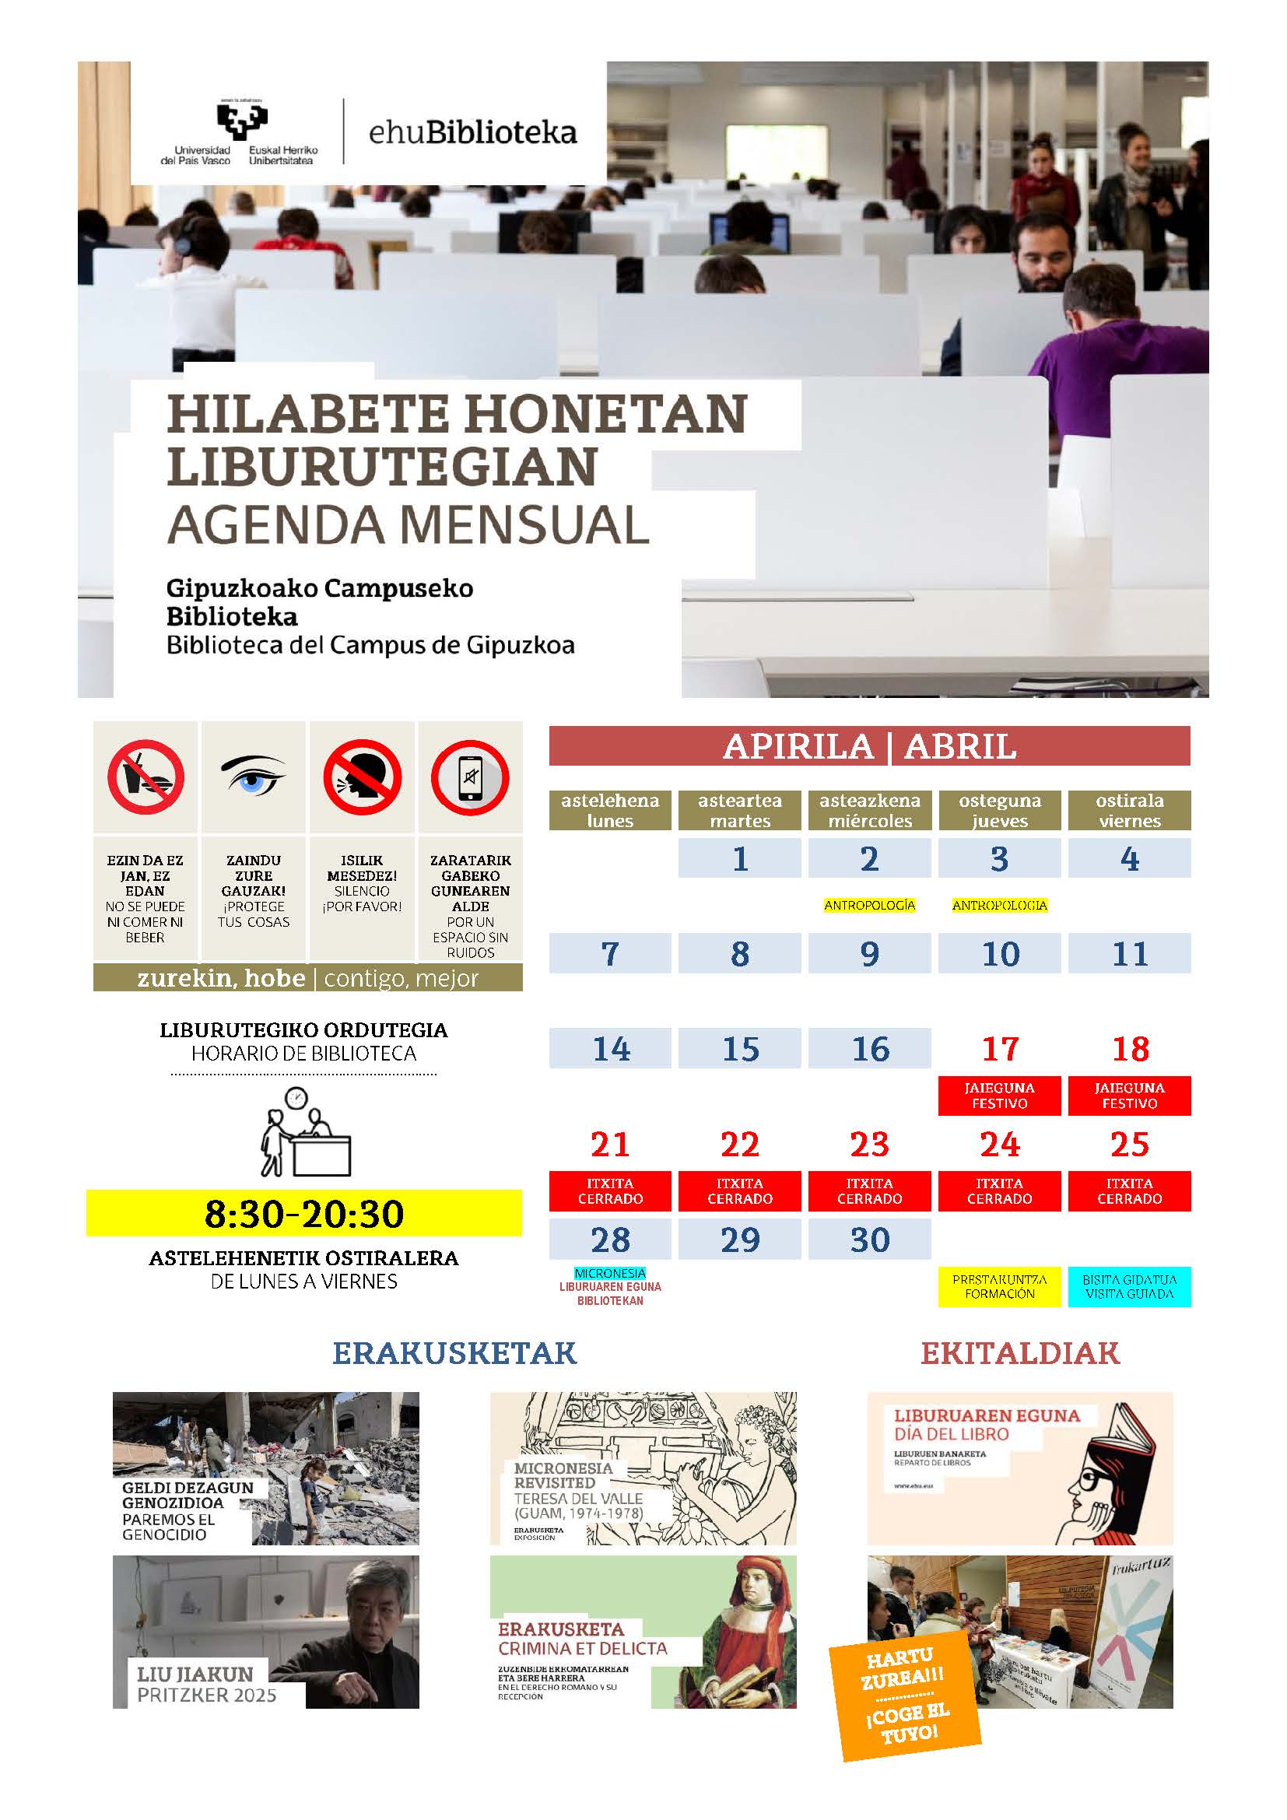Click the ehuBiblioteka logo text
point(472,133)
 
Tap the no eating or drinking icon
point(146,777)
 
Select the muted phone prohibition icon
point(470,777)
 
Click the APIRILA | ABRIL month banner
point(869,746)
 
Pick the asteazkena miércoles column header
point(869,810)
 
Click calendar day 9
point(869,954)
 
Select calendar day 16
point(869,1049)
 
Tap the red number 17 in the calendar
point(999,1049)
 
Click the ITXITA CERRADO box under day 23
point(869,1191)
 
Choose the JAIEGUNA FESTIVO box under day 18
point(1129,1096)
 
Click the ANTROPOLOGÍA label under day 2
point(869,905)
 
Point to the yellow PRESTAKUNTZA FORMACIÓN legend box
point(999,1286)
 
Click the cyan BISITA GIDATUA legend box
point(1129,1286)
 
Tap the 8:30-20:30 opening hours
point(304,1214)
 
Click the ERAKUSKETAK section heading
point(454,1353)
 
